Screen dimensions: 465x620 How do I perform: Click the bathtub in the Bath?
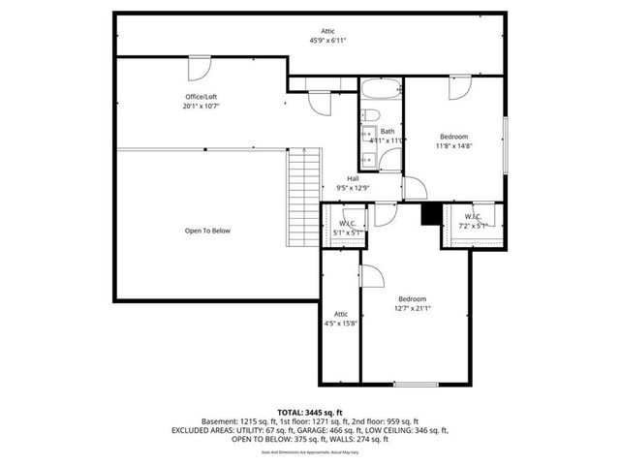pos(381,92)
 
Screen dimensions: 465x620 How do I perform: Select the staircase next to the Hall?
pos(304,199)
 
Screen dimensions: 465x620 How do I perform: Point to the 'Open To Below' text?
pos(207,231)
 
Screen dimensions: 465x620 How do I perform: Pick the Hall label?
pos(341,177)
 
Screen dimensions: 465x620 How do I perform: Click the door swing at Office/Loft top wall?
pos(198,68)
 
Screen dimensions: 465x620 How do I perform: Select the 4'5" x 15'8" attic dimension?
pos(341,323)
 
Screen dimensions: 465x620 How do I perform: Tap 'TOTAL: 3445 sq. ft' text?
pos(309,413)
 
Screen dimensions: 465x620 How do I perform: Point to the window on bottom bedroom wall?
pos(415,384)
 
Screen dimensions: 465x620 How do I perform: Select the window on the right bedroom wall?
pos(505,145)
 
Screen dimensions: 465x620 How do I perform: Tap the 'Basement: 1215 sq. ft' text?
pos(236,421)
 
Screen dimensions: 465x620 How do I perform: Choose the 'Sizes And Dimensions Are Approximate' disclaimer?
pos(309,451)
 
